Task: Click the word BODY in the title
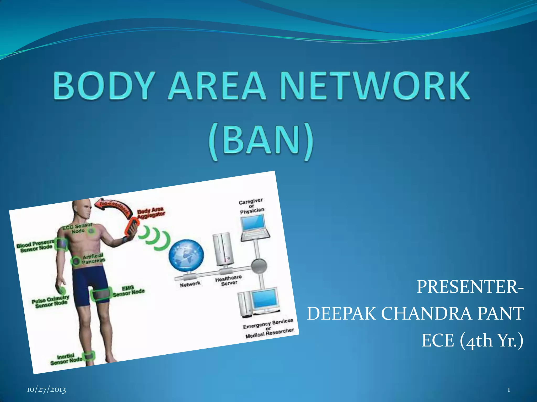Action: (x=103, y=86)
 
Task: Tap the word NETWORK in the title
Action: (x=375, y=86)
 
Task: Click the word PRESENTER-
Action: (x=470, y=287)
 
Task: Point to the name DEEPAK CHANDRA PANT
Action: (x=415, y=314)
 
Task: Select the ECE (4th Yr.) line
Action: (x=472, y=340)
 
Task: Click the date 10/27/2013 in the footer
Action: (x=46, y=390)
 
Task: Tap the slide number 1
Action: (x=508, y=390)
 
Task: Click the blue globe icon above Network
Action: (x=186, y=256)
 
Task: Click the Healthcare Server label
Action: (x=228, y=280)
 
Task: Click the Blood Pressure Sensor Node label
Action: (x=36, y=246)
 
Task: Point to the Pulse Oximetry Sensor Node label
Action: (x=51, y=301)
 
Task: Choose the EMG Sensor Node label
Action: (x=128, y=291)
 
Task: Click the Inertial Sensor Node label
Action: (x=66, y=359)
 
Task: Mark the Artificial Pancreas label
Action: (x=93, y=258)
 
